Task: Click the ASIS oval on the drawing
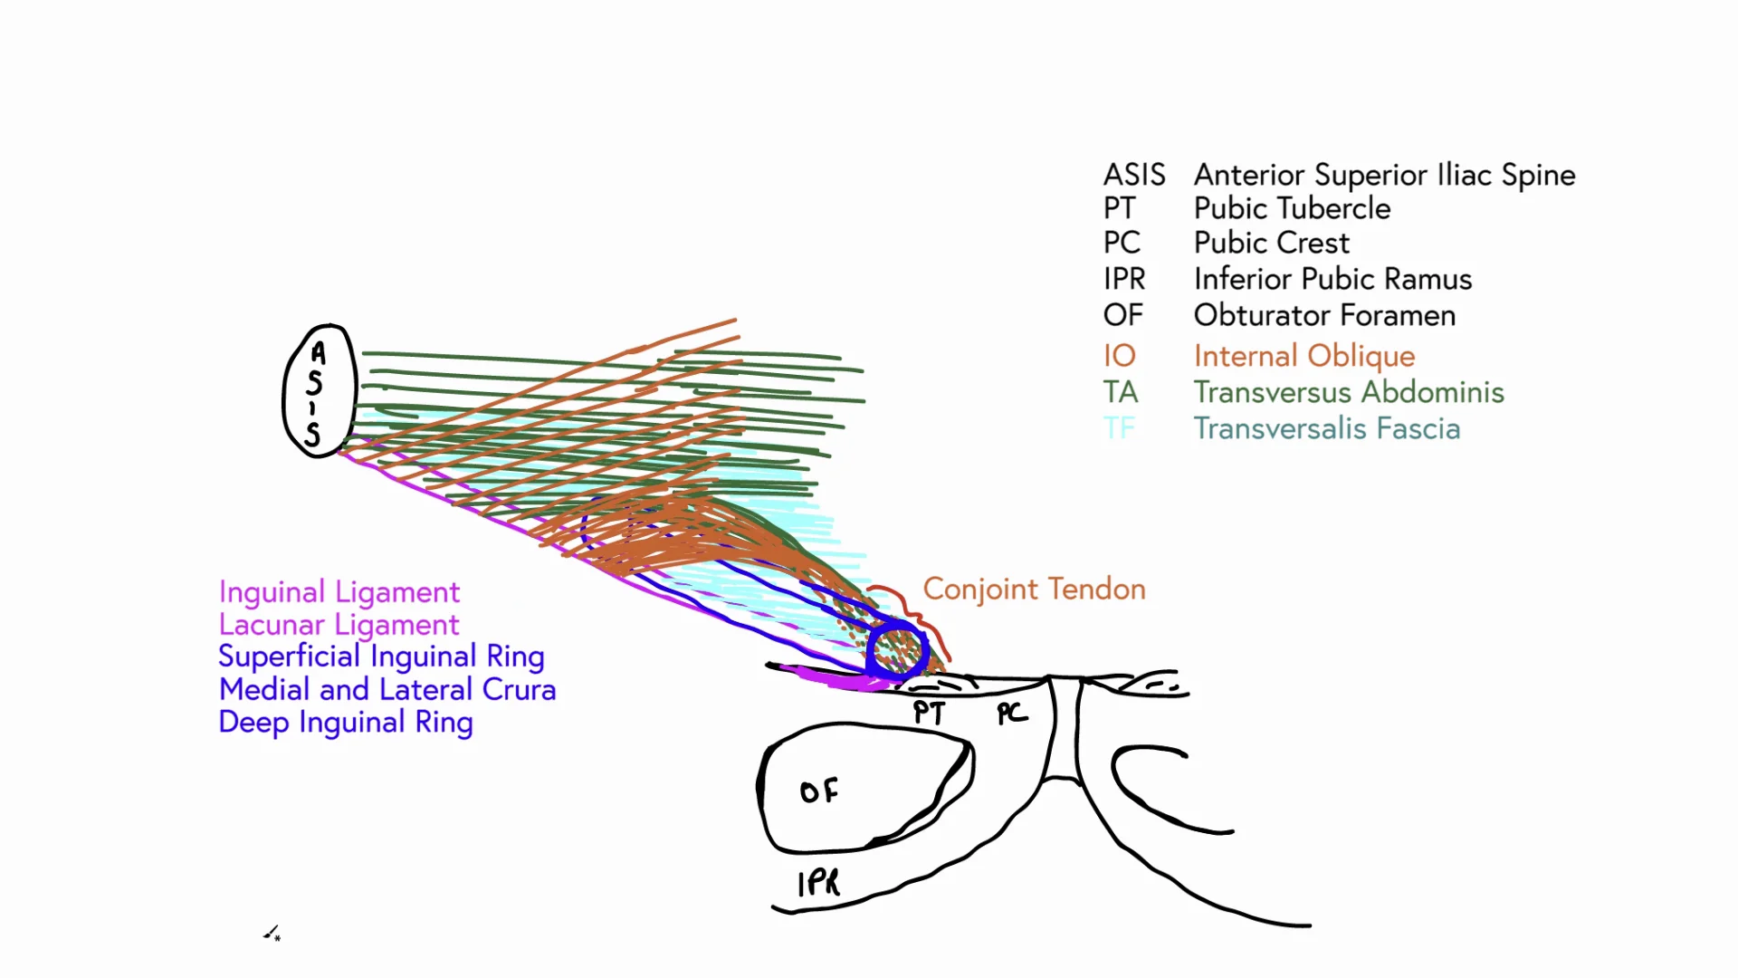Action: point(319,391)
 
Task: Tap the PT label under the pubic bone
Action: point(929,713)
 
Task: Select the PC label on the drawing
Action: point(1012,714)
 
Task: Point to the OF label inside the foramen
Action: point(819,792)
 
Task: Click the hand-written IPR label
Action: point(818,883)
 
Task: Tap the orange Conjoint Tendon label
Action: point(1034,590)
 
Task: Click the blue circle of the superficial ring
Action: point(897,649)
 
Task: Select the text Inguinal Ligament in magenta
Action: point(339,592)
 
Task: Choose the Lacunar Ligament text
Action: point(339,625)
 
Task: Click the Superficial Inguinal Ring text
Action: point(381,657)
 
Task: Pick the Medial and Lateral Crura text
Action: point(387,690)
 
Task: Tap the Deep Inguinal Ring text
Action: point(346,723)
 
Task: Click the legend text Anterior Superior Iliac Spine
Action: point(1384,175)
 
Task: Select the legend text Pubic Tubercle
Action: point(1292,208)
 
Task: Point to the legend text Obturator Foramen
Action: point(1324,315)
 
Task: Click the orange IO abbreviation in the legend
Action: point(1119,356)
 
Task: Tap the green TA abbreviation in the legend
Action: point(1120,392)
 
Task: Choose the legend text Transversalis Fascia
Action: point(1326,428)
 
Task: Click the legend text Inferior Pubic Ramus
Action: point(1332,279)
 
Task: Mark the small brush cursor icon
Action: point(272,934)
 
